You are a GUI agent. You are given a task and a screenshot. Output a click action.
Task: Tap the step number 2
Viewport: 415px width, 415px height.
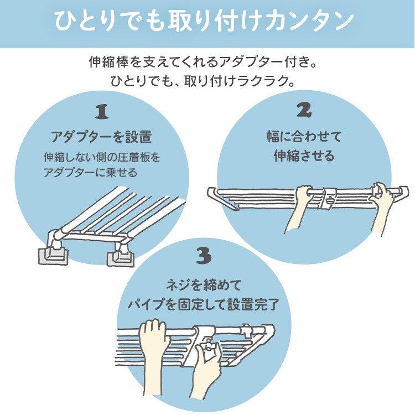coord(303,111)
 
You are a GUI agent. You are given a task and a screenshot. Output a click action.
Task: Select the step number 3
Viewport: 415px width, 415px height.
coord(203,256)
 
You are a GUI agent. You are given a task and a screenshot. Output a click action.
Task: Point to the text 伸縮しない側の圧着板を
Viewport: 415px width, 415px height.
coord(102,158)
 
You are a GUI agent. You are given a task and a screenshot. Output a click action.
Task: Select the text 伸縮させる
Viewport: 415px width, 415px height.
coord(304,156)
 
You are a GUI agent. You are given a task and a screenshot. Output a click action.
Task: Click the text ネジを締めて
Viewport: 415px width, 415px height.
coord(204,286)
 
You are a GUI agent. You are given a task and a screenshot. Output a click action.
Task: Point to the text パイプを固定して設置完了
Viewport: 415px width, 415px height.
coord(204,305)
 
